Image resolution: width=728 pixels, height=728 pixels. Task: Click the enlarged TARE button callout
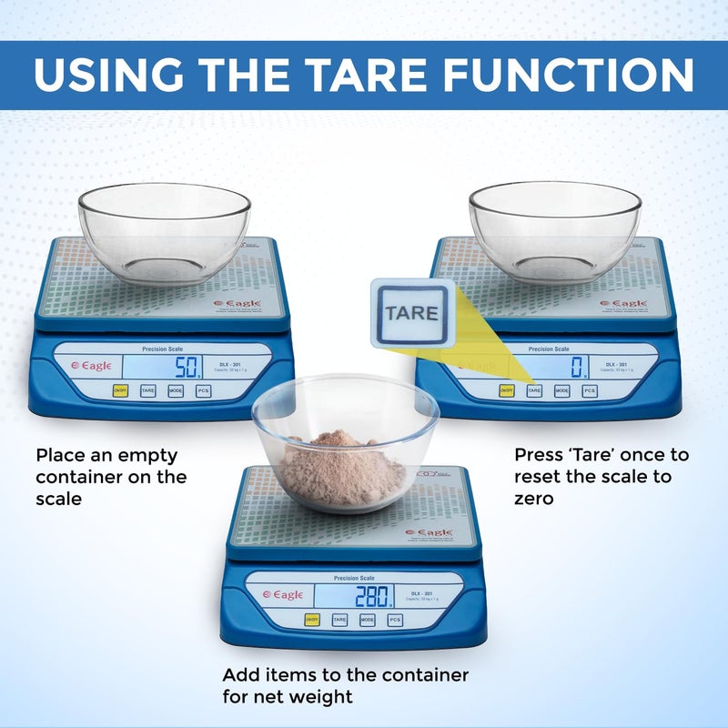pyautogui.click(x=411, y=313)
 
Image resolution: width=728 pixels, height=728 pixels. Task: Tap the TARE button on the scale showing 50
pyautogui.click(x=147, y=390)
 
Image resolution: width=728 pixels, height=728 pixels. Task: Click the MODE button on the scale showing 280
pyautogui.click(x=367, y=620)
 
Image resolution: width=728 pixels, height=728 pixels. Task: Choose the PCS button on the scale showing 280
pyautogui.click(x=395, y=620)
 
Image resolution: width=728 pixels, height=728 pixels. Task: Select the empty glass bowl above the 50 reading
pyautogui.click(x=165, y=232)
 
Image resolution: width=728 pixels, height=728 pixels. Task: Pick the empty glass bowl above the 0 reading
pyautogui.click(x=554, y=232)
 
